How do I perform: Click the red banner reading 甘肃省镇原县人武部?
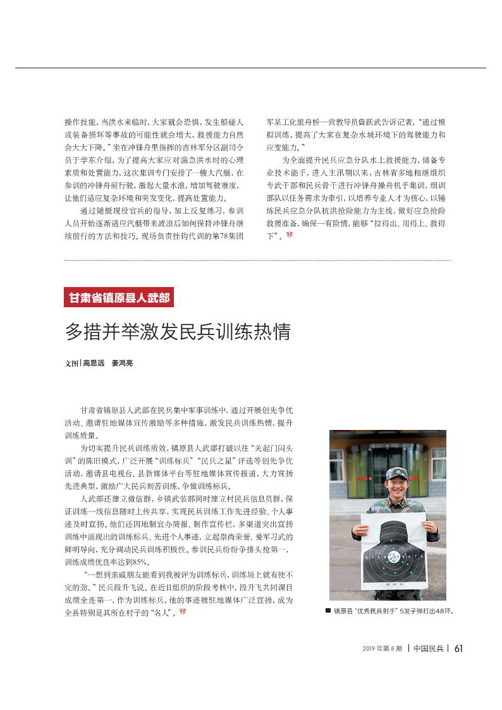[119, 297]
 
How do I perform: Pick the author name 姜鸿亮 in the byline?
[122, 364]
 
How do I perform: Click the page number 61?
[459, 648]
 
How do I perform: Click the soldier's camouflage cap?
[396, 472]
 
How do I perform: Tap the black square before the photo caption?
[328, 611]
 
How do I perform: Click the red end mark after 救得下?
[290, 235]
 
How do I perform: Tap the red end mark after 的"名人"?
[183, 612]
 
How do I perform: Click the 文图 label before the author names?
[71, 364]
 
